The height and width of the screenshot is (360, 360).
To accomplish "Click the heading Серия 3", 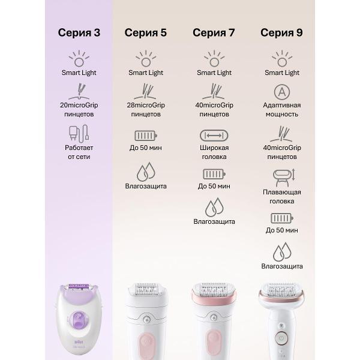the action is click(x=79, y=32).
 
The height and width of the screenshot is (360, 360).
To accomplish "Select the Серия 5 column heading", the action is click(x=146, y=32).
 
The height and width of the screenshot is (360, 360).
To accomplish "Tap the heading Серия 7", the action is click(x=214, y=32).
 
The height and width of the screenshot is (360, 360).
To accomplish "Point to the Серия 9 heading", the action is click(x=281, y=32).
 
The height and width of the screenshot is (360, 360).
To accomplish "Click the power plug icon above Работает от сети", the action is click(x=79, y=134).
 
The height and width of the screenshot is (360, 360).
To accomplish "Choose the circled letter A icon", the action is click(x=282, y=92).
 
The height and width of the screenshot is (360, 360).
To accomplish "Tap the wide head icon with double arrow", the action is click(x=214, y=136).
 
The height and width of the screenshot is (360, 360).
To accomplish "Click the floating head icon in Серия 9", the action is click(x=284, y=178).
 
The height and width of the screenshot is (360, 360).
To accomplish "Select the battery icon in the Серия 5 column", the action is click(x=146, y=136).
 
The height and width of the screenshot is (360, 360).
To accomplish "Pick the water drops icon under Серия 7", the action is click(x=214, y=208).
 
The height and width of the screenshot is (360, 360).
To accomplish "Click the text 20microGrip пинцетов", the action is click(x=79, y=110).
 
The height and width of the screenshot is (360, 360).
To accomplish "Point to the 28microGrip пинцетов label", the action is click(x=146, y=110).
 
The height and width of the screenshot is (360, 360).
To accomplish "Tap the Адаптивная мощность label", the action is click(x=282, y=110).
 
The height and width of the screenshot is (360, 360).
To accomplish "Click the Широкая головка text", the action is click(x=214, y=152).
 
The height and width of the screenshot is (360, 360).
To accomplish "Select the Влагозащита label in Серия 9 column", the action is click(x=282, y=266).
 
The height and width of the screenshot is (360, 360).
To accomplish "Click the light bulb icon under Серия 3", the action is click(x=79, y=59).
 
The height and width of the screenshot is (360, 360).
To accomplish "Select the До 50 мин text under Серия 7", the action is click(x=214, y=186).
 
